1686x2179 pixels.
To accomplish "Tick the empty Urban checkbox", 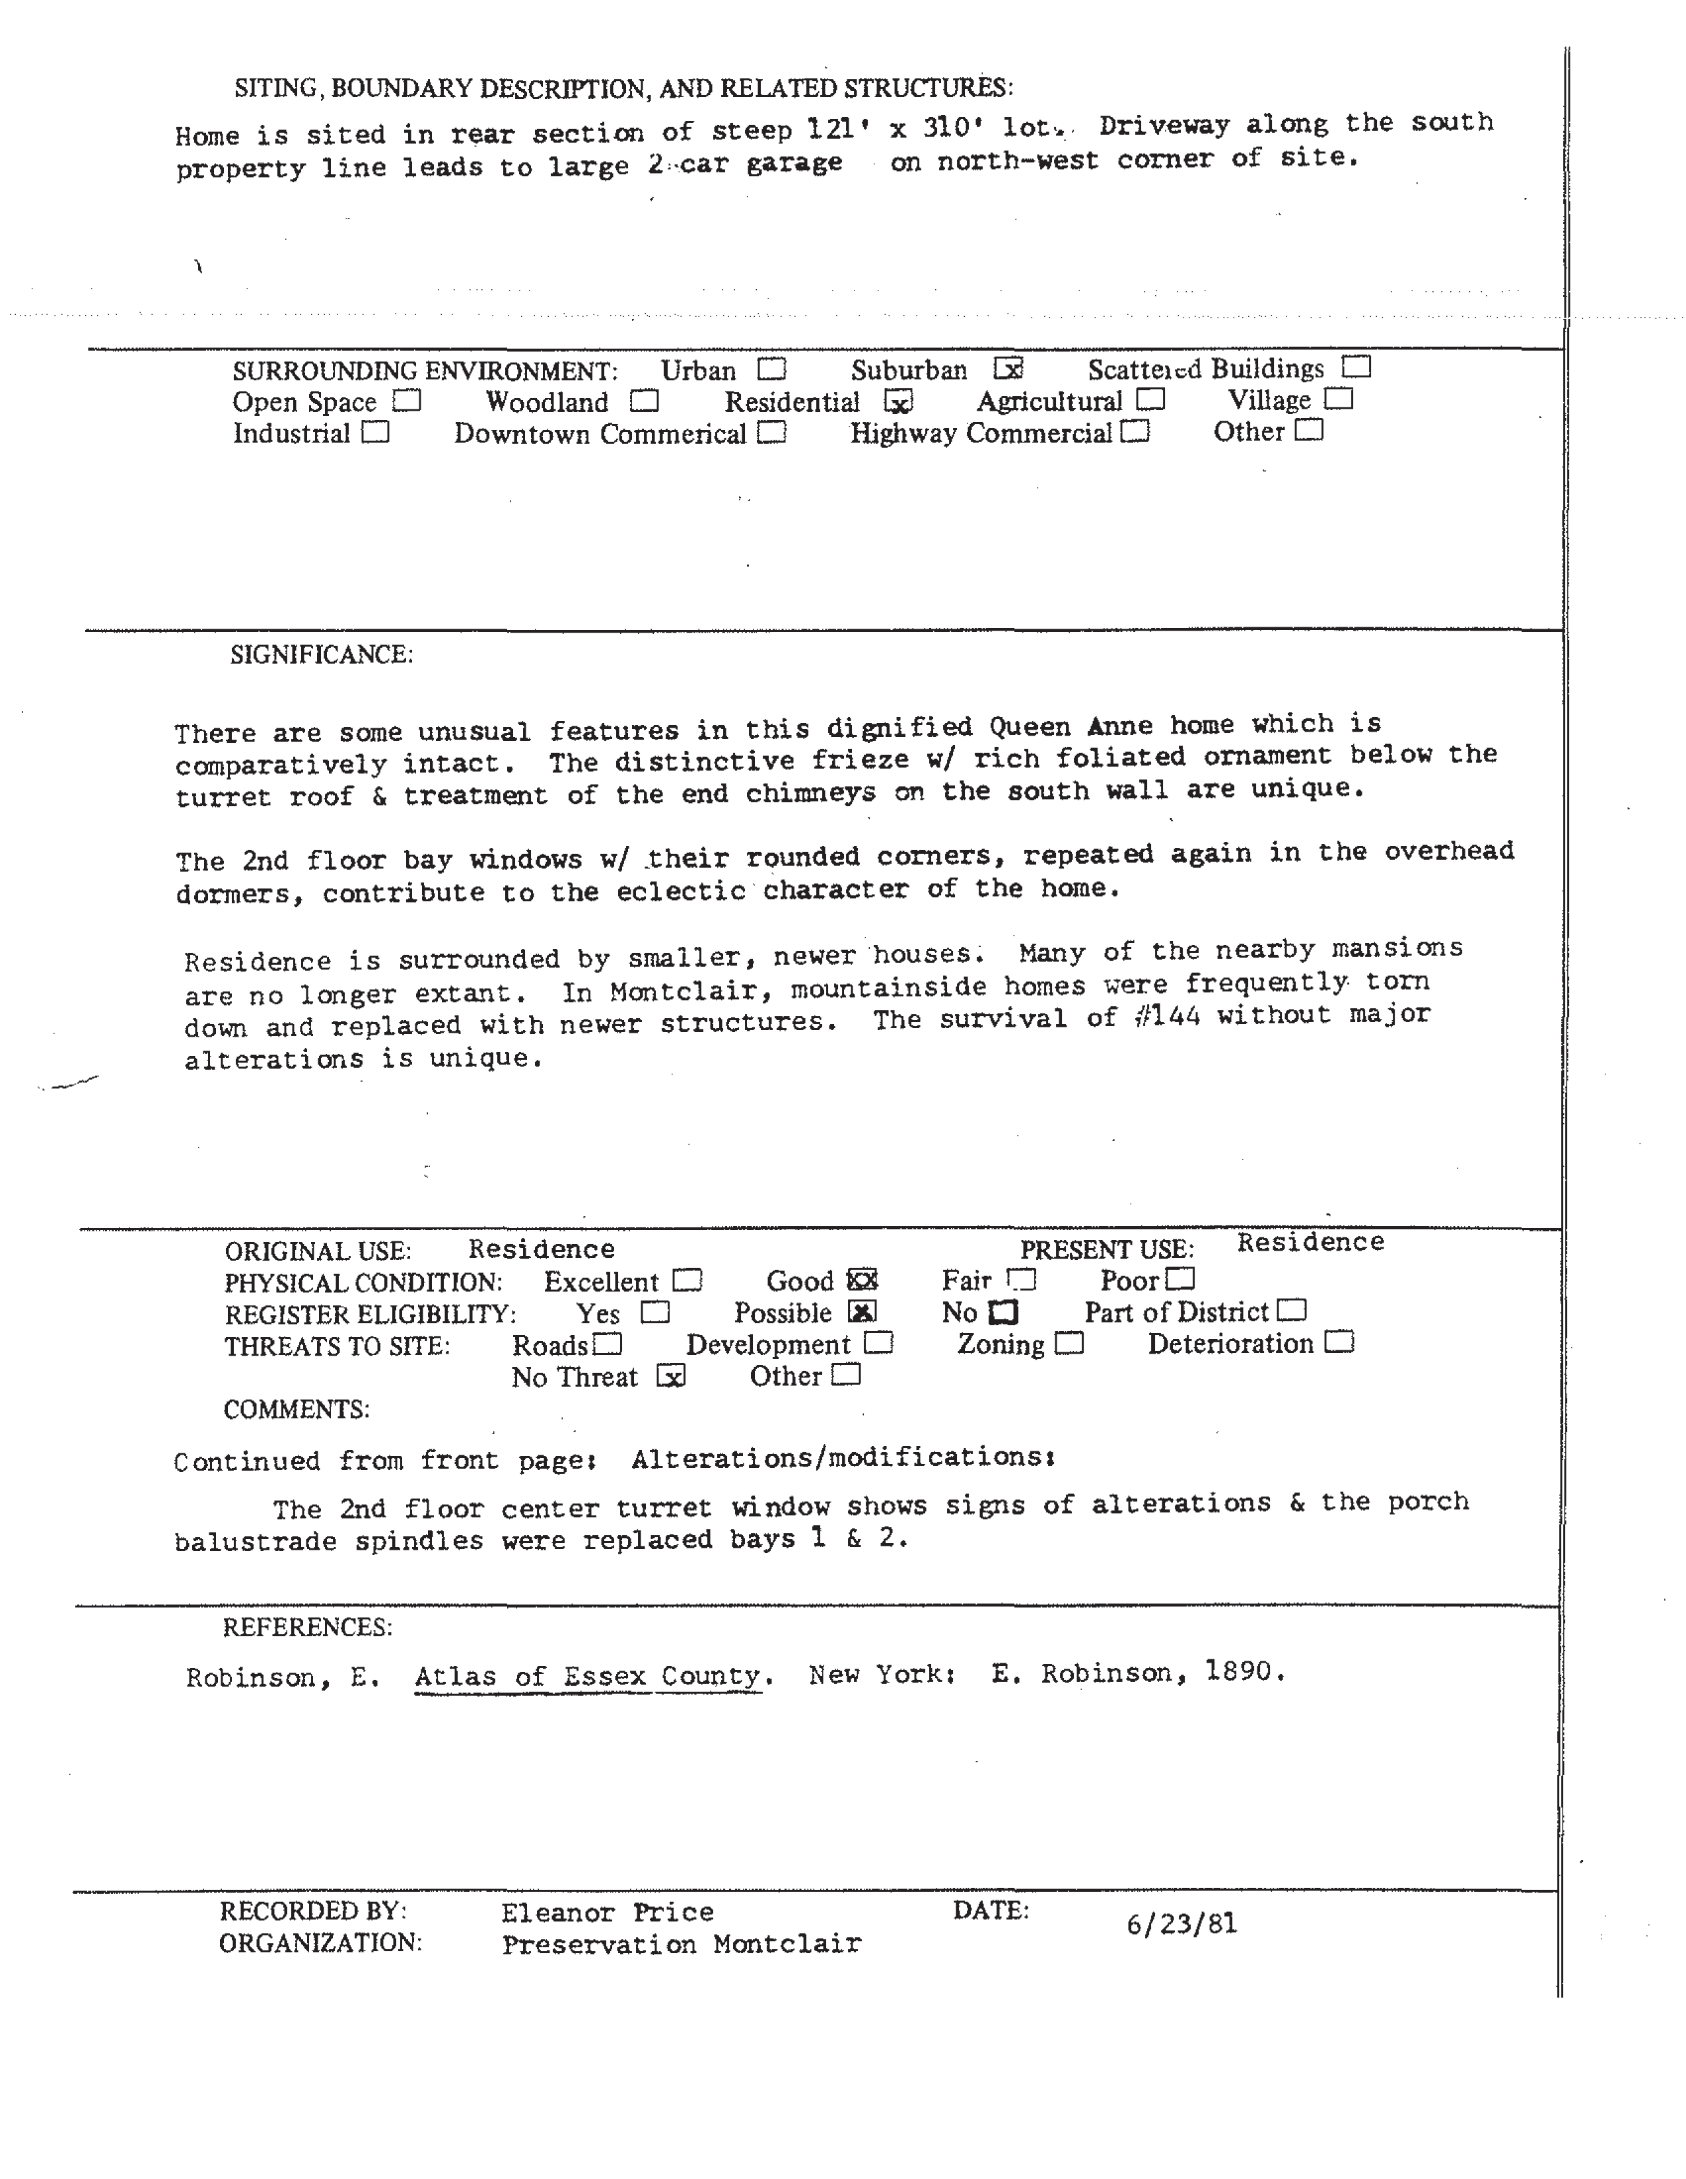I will point(771,370).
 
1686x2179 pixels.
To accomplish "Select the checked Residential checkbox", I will point(899,402).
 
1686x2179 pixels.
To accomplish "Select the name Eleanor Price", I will point(608,1913).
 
